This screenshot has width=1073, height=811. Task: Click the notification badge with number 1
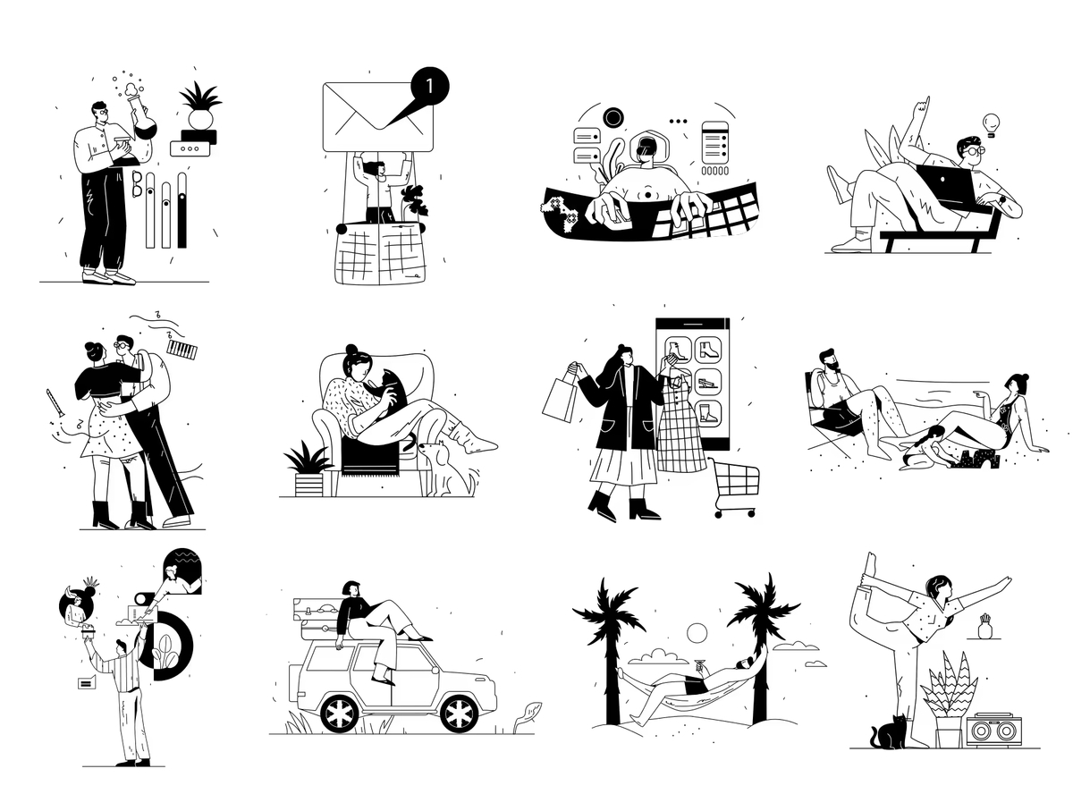(429, 86)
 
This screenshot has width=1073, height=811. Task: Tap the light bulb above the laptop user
(991, 124)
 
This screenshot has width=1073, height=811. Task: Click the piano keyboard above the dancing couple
(182, 350)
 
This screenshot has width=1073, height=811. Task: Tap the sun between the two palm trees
(697, 634)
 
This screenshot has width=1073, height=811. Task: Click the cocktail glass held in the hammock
(700, 666)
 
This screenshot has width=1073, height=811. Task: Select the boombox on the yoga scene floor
(993, 730)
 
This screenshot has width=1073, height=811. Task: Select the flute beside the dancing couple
(55, 402)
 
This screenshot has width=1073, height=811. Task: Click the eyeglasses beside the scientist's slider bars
(138, 183)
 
